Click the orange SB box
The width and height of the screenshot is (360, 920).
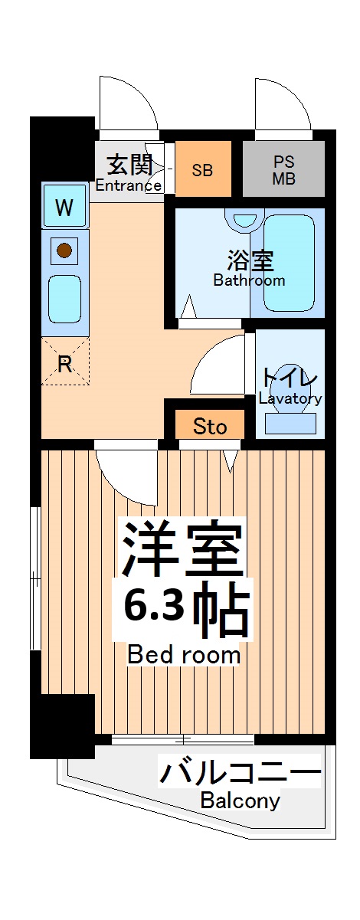[x=202, y=169]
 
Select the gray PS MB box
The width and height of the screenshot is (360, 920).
[x=284, y=169]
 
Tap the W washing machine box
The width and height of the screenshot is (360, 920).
[x=65, y=207]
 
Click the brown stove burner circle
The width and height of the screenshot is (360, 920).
[x=65, y=250]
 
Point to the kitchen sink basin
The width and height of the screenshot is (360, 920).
[x=65, y=299]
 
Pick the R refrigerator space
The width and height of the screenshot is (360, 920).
[x=65, y=362]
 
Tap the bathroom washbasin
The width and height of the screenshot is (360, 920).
[x=244, y=219]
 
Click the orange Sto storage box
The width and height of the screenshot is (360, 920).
[x=209, y=425]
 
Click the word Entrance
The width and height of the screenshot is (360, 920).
[x=128, y=185]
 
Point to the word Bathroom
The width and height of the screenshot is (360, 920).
[x=249, y=280]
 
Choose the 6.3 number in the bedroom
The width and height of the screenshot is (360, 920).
[x=153, y=608]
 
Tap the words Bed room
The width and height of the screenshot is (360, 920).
[x=183, y=655]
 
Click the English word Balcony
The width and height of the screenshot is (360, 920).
[x=240, y=801]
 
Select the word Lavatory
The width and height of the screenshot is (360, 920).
[x=290, y=398]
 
